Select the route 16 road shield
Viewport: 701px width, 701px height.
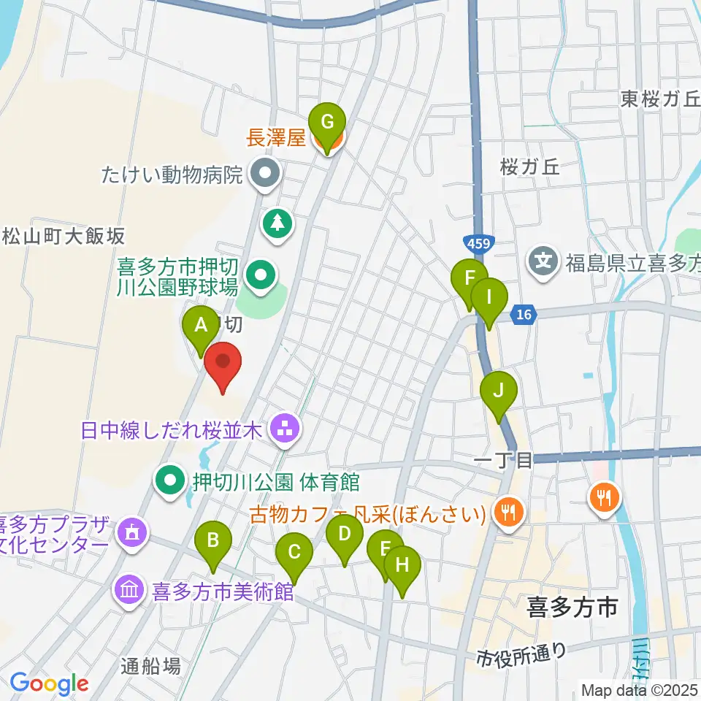(x=524, y=314)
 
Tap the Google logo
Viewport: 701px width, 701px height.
(x=49, y=683)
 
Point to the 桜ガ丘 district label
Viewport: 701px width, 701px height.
(x=529, y=166)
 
